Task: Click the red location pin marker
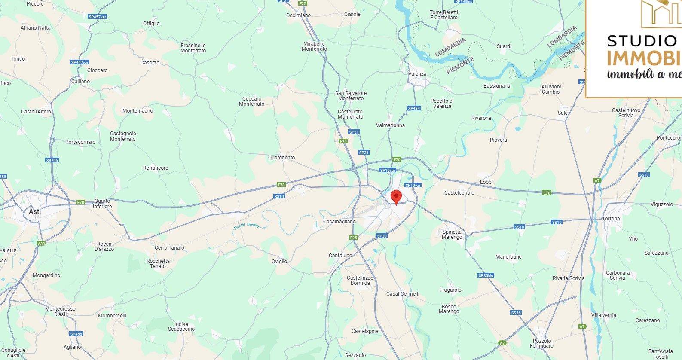tap(396, 197)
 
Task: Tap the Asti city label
tap(35, 211)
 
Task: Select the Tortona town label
tap(611, 219)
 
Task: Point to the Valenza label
tap(417, 74)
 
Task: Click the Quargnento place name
tap(281, 158)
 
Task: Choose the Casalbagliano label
tap(339, 222)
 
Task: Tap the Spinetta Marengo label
tap(452, 235)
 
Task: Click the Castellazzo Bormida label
tap(360, 281)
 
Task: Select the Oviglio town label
tap(279, 262)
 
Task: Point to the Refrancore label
tap(156, 168)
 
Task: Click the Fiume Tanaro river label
tap(246, 225)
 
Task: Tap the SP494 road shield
tap(413, 109)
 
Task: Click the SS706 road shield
tap(52, 160)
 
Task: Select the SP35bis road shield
tap(486, 275)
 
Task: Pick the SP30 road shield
tap(382, 236)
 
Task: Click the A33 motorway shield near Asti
tap(41, 244)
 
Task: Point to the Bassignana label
tap(496, 86)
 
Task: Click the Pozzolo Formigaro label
tap(541, 344)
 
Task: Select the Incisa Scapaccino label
tap(181, 327)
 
